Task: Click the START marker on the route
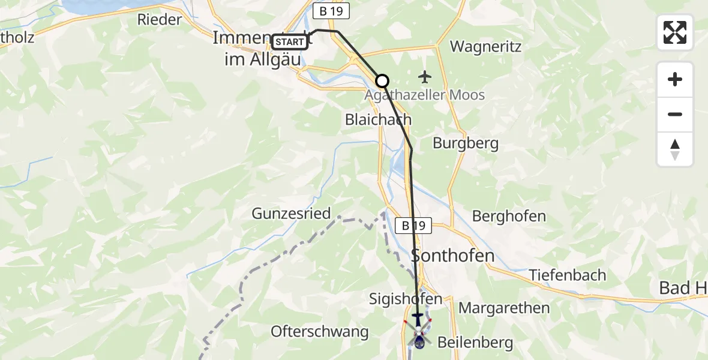pyautogui.click(x=290, y=42)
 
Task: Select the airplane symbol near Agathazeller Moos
pyautogui.click(x=425, y=77)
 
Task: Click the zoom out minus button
pyautogui.click(x=675, y=115)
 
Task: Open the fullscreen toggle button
pyautogui.click(x=675, y=32)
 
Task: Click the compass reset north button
pyautogui.click(x=675, y=149)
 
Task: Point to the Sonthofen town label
pyautogui.click(x=453, y=256)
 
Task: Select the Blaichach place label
pyautogui.click(x=378, y=119)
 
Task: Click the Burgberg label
pyautogui.click(x=466, y=144)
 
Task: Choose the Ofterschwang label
pyautogui.click(x=319, y=331)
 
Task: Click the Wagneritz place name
pyautogui.click(x=485, y=47)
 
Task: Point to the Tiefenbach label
pyautogui.click(x=568, y=275)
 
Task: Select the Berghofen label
pyautogui.click(x=509, y=216)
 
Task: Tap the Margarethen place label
pyautogui.click(x=504, y=308)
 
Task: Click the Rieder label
pyautogui.click(x=159, y=19)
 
